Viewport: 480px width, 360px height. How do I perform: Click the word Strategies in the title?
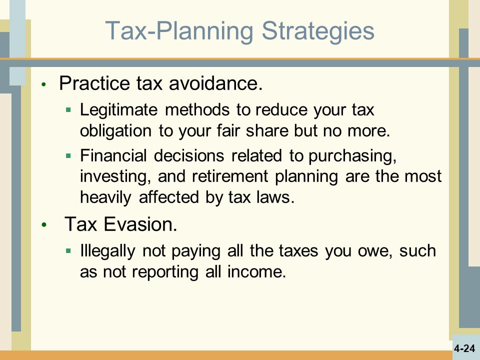(318, 30)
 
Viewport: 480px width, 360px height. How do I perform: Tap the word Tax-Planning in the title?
(179, 30)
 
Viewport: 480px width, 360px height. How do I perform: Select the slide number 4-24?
(464, 348)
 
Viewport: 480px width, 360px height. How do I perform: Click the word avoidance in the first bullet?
(216, 83)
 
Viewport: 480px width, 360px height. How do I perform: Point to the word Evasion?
(140, 224)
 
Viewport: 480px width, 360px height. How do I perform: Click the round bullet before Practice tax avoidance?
(44, 84)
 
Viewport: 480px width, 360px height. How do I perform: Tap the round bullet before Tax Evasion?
(44, 225)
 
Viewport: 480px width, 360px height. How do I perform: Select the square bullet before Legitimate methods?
(68, 109)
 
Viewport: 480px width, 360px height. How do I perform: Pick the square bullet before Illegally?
(68, 251)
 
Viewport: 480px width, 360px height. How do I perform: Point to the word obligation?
(115, 130)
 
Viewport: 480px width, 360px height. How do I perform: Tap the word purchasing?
(352, 156)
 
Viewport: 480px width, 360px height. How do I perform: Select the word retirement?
(230, 176)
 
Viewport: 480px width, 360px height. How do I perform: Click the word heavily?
(105, 197)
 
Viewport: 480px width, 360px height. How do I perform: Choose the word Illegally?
(107, 250)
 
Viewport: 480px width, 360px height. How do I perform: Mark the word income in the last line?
(256, 271)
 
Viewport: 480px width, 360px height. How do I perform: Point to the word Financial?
(113, 155)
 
